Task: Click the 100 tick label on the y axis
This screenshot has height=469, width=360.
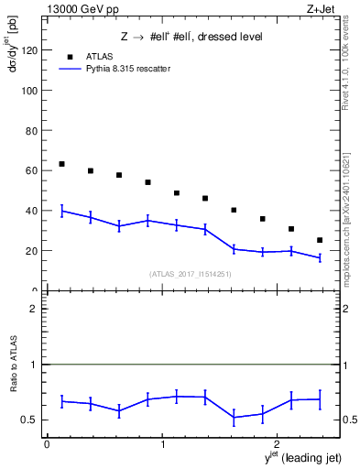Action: click(31, 92)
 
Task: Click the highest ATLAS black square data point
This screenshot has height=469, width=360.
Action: click(61, 164)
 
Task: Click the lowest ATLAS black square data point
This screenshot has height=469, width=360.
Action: click(320, 240)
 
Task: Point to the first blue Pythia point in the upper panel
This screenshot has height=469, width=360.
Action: click(61, 211)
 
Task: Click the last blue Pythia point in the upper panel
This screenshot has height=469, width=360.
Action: click(320, 257)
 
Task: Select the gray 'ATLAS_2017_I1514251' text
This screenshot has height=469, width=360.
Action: click(191, 273)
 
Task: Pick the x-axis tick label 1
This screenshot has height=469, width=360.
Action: click(162, 445)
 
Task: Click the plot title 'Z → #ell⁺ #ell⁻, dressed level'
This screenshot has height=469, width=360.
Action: click(191, 38)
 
